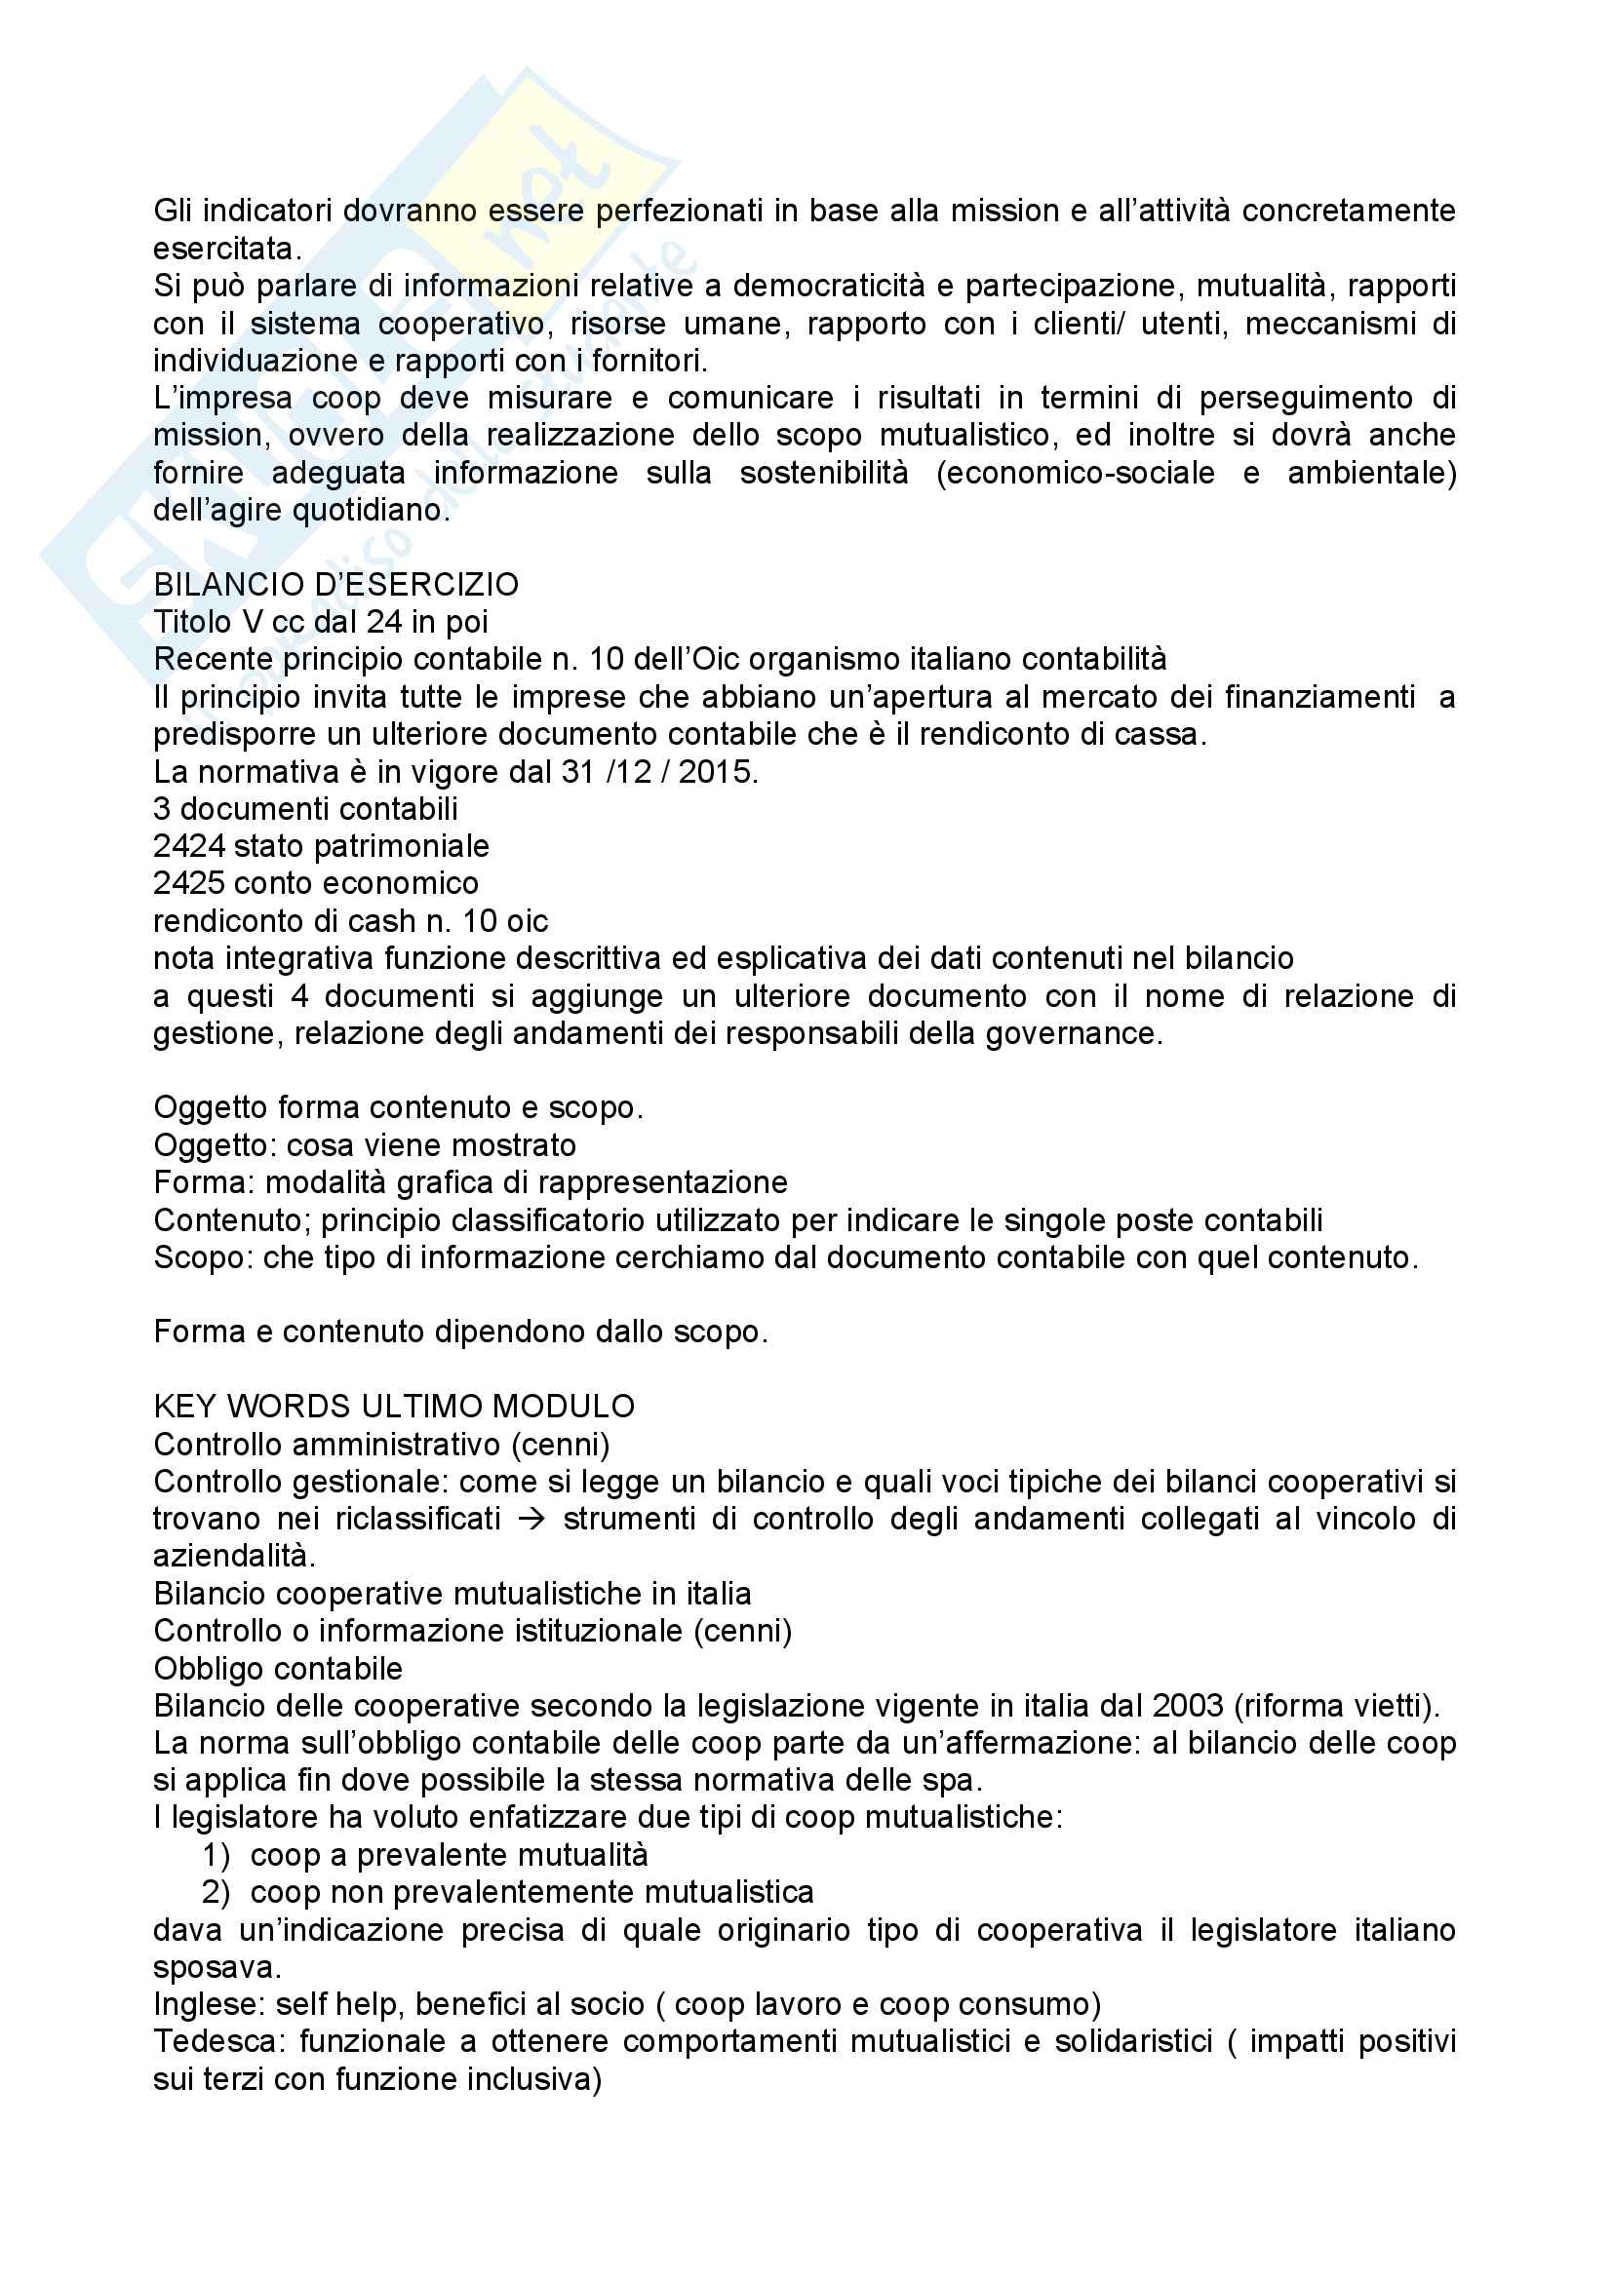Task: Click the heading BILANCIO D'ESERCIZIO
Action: click(335, 584)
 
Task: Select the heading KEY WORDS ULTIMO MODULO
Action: click(393, 1407)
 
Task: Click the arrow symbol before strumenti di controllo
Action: click(531, 1520)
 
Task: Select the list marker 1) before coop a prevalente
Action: click(216, 1855)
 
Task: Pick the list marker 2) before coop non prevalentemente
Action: click(216, 1893)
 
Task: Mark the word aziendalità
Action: click(233, 1556)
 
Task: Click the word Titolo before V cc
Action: click(194, 622)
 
